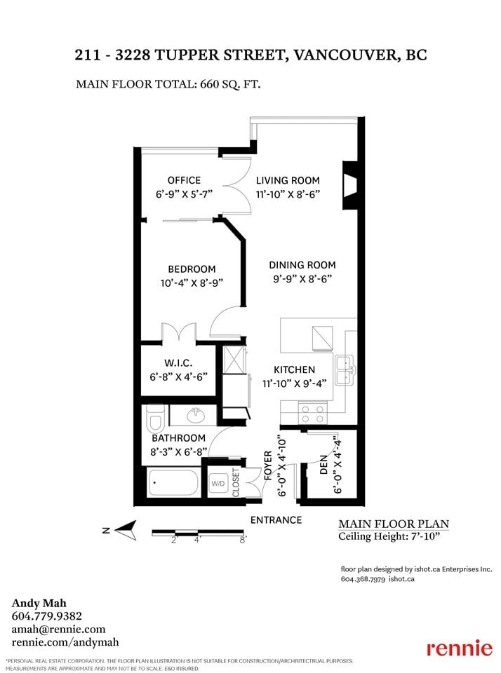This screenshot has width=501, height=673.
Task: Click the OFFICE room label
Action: click(184, 180)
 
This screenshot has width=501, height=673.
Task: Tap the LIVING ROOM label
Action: click(288, 180)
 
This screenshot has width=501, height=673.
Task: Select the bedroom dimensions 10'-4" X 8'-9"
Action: click(192, 283)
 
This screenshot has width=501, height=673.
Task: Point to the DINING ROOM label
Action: click(302, 265)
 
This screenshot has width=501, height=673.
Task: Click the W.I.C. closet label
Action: click(178, 363)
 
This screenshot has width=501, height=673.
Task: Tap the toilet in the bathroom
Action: click(154, 419)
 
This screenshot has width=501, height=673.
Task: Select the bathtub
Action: click(173, 482)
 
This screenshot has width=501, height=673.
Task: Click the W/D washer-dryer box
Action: click(218, 484)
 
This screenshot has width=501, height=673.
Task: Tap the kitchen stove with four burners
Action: click(312, 414)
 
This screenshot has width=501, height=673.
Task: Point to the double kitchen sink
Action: click(345, 370)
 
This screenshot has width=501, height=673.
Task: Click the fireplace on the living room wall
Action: click(349, 185)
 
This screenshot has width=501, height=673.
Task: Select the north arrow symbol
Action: click(125, 530)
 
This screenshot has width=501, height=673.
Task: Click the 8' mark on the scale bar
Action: click(243, 540)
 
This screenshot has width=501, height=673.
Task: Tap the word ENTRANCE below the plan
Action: click(276, 520)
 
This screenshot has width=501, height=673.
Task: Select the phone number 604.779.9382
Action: click(46, 616)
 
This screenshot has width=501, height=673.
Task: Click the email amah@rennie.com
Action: click(58, 630)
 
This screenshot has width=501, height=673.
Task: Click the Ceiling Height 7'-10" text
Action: click(389, 536)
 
